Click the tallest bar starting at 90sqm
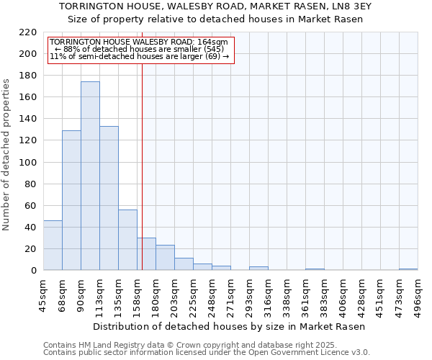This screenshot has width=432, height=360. (90, 176)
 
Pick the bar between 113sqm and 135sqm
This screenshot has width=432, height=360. (109, 198)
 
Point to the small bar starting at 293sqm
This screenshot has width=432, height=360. (258, 269)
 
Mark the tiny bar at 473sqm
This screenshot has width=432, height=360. (408, 269)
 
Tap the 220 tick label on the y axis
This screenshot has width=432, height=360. (28, 32)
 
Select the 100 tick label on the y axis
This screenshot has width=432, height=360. (28, 163)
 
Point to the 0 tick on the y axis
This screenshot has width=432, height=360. (34, 271)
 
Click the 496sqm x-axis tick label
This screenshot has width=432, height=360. (418, 295)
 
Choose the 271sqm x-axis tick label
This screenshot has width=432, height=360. (231, 295)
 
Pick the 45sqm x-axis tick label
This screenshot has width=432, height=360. (44, 295)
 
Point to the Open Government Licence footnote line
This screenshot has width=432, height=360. (207, 353)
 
